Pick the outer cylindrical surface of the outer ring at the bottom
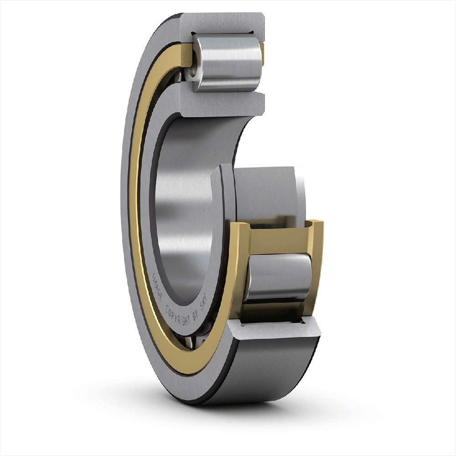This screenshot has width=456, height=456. point(274,369)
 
